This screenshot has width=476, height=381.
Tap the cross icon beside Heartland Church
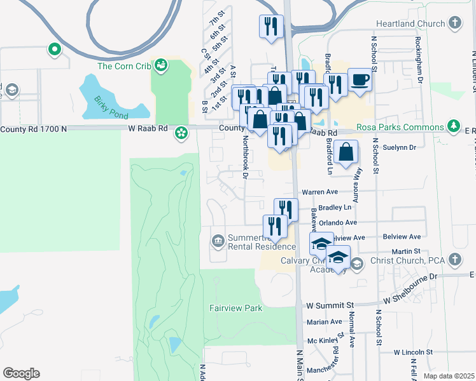tap(454, 23)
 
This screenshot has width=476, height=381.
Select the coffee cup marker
tap(360, 81)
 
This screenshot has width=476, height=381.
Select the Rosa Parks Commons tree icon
tap(454, 125)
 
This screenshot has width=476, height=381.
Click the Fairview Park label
tap(235, 308)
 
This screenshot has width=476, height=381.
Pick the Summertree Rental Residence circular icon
tap(218, 240)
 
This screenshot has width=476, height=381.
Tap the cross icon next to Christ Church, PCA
tap(454, 259)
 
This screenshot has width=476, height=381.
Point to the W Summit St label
tap(329, 305)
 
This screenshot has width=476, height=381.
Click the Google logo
tap(21, 373)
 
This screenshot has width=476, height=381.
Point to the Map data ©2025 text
tap(449, 376)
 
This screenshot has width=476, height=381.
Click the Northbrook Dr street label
tap(243, 159)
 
